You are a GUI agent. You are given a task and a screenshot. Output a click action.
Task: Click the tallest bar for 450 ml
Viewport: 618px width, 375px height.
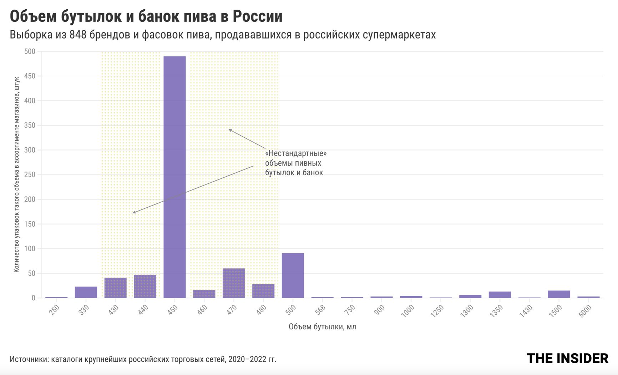(174, 177)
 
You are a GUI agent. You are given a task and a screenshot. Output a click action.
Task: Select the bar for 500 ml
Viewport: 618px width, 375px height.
(293, 275)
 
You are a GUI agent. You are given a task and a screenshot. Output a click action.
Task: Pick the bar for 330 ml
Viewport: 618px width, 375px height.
(86, 292)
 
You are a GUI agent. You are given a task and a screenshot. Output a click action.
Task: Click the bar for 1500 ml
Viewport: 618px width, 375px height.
(559, 294)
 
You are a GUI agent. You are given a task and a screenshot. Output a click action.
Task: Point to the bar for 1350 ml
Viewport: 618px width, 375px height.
(500, 294)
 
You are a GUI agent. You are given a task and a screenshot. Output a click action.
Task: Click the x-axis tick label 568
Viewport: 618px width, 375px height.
(320, 309)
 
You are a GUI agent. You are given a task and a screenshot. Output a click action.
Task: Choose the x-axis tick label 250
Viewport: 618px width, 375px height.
(54, 309)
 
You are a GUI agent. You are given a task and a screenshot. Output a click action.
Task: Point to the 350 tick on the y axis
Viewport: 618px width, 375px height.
(30, 125)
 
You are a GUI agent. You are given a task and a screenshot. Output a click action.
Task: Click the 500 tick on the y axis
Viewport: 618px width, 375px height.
(30, 51)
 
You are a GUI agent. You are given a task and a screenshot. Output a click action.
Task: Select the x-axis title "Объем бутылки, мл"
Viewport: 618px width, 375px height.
(322, 326)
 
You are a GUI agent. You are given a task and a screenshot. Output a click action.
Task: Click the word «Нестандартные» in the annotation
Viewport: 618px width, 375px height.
(296, 153)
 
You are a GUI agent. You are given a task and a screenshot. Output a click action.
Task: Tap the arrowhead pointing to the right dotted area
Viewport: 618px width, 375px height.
(230, 130)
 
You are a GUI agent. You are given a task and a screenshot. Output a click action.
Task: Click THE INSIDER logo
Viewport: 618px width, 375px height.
(567, 359)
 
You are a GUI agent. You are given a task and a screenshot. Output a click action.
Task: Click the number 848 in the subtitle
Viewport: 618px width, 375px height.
(78, 35)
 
